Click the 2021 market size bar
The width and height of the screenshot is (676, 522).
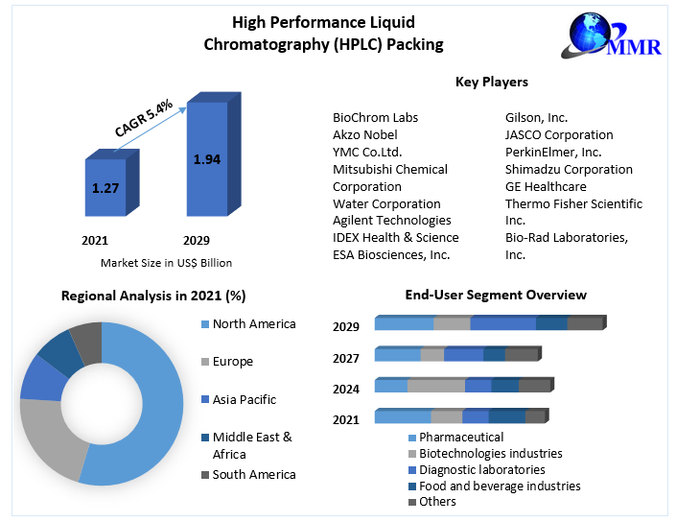105,187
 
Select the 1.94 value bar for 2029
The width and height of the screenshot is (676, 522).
206,158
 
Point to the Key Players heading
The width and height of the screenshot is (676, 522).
491,83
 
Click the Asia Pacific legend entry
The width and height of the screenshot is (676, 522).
244,399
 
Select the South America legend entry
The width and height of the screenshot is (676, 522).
253,475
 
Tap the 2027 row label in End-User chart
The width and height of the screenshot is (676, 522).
346,358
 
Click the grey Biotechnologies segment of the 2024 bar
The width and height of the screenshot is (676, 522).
436,386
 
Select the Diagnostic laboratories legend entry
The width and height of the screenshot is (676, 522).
481,470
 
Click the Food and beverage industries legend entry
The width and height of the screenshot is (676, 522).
500,486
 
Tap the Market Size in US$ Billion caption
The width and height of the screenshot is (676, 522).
166,263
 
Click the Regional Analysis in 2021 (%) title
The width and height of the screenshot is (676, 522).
153,296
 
